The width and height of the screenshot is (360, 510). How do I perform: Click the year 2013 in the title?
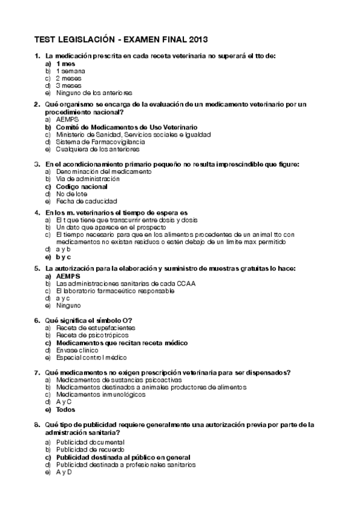tap(196, 40)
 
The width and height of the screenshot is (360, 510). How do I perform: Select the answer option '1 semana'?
tap(70, 71)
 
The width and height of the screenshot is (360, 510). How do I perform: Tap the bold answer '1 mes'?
tap(66, 63)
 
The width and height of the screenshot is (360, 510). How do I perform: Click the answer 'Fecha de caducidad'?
tap(87, 201)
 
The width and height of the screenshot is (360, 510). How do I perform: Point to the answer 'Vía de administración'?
tap(88, 179)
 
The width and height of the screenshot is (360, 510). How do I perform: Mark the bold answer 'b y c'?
tap(64, 256)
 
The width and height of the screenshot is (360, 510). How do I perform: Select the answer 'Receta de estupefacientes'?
tap(96, 328)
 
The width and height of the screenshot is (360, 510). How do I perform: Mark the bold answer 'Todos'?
tap(66, 410)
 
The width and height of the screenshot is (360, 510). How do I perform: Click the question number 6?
tap(37, 320)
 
